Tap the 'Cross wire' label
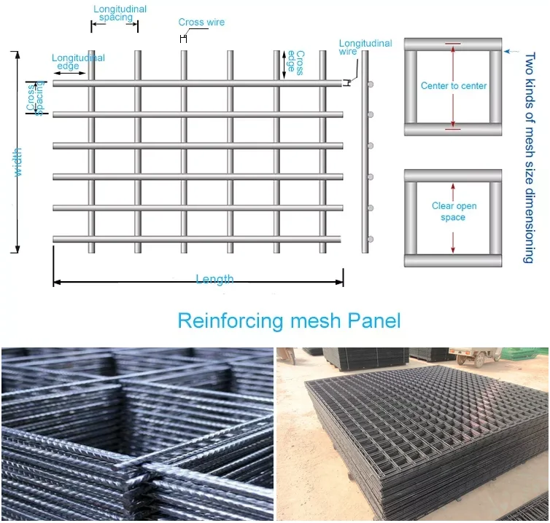coord(202,23)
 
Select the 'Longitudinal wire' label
coord(365,48)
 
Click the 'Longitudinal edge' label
coord(77,62)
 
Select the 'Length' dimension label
coord(214,280)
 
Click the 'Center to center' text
coord(454,86)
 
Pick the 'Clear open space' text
coord(453,212)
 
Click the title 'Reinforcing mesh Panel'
coord(289,321)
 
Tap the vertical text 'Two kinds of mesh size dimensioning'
coord(530,153)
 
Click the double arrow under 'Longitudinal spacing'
coord(115,26)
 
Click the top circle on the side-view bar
coord(371,85)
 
